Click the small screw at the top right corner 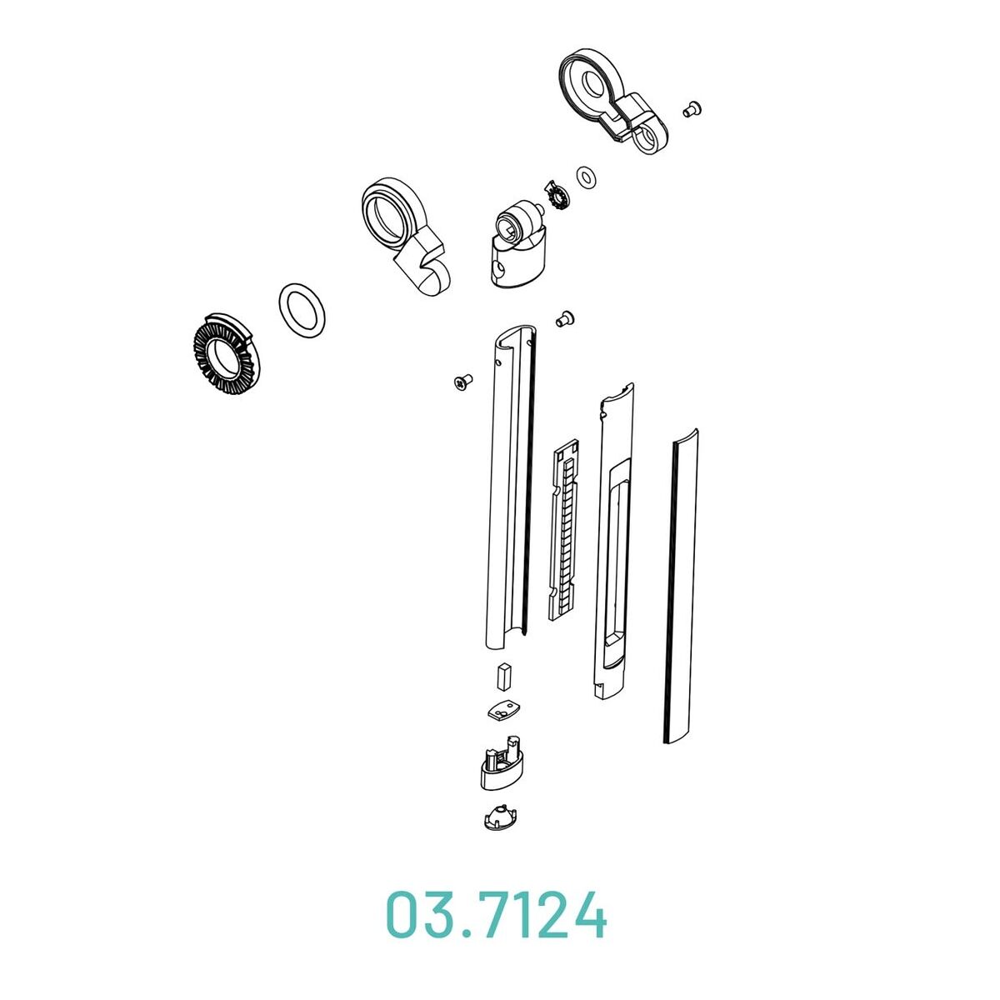692,109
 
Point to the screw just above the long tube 565,317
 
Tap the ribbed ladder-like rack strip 563,529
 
